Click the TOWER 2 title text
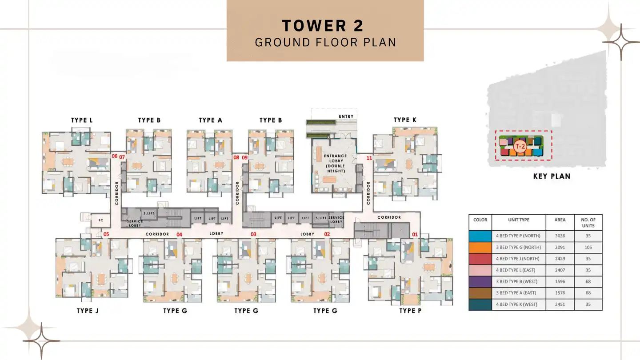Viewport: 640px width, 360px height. (x=323, y=26)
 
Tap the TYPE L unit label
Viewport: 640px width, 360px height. (x=82, y=120)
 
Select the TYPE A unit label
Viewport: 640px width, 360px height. (x=210, y=120)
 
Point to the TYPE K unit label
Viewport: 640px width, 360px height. (x=405, y=120)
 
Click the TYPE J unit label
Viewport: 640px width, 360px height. (x=88, y=311)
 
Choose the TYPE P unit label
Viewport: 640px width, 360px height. (x=410, y=311)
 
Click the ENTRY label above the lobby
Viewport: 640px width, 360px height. (x=346, y=116)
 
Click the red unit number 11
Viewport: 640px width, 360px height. (x=369, y=158)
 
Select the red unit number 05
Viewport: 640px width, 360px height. (x=106, y=234)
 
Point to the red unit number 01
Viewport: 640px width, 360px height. (x=415, y=234)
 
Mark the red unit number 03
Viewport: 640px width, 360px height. (x=254, y=234)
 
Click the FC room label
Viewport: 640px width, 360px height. (x=101, y=220)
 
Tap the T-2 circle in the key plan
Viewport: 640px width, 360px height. (x=519, y=146)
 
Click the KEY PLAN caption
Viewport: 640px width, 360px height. (x=552, y=176)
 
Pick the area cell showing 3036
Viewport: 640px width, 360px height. (x=560, y=236)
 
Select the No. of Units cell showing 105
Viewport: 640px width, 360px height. (x=588, y=248)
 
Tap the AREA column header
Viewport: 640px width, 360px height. (x=560, y=220)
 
